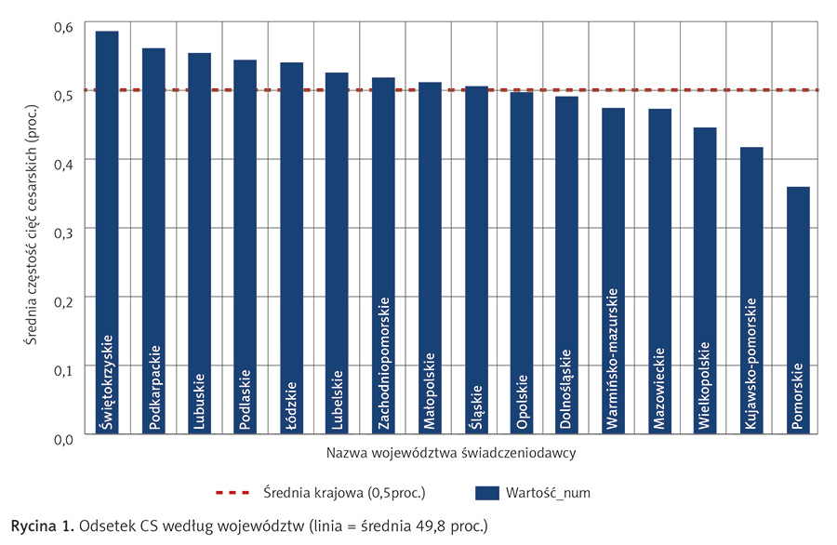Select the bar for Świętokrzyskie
(107, 233)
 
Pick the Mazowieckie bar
(659, 271)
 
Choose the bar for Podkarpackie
(153, 241)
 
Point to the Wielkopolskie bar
(706, 280)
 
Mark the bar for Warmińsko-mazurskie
(614, 271)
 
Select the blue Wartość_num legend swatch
(488, 491)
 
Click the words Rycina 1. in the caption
(40, 525)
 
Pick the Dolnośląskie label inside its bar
(567, 391)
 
